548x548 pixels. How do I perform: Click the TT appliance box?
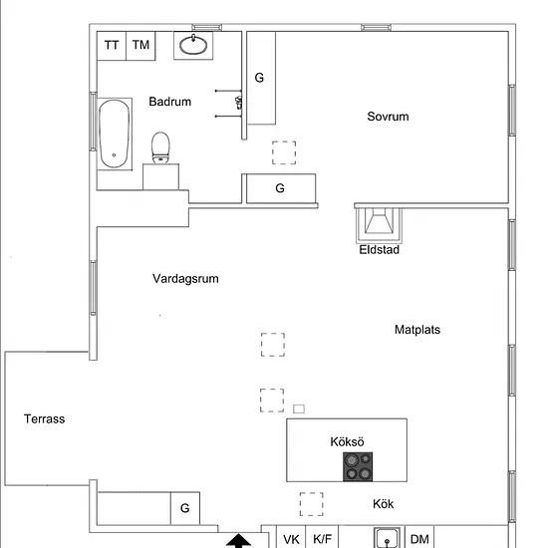112,46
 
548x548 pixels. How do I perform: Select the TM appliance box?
140,46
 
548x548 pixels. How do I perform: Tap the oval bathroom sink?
193,45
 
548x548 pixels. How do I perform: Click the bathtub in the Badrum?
115,134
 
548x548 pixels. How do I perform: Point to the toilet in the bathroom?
160,147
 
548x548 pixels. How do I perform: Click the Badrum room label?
169,102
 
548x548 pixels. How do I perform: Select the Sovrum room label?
388,117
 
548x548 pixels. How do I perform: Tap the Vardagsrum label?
185,279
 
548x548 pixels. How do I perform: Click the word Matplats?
417,330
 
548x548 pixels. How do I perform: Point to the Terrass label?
45,418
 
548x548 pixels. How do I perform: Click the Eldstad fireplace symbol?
379,225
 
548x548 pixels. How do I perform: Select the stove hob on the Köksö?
358,466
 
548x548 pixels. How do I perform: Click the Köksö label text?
347,441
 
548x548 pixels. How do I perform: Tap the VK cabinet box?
291,536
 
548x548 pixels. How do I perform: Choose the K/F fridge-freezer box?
322,536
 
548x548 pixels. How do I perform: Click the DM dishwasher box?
419,536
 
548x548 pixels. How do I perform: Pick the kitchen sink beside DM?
387,537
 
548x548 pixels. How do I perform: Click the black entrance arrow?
239,541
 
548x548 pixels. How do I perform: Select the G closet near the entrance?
185,508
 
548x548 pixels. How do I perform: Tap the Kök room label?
383,504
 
